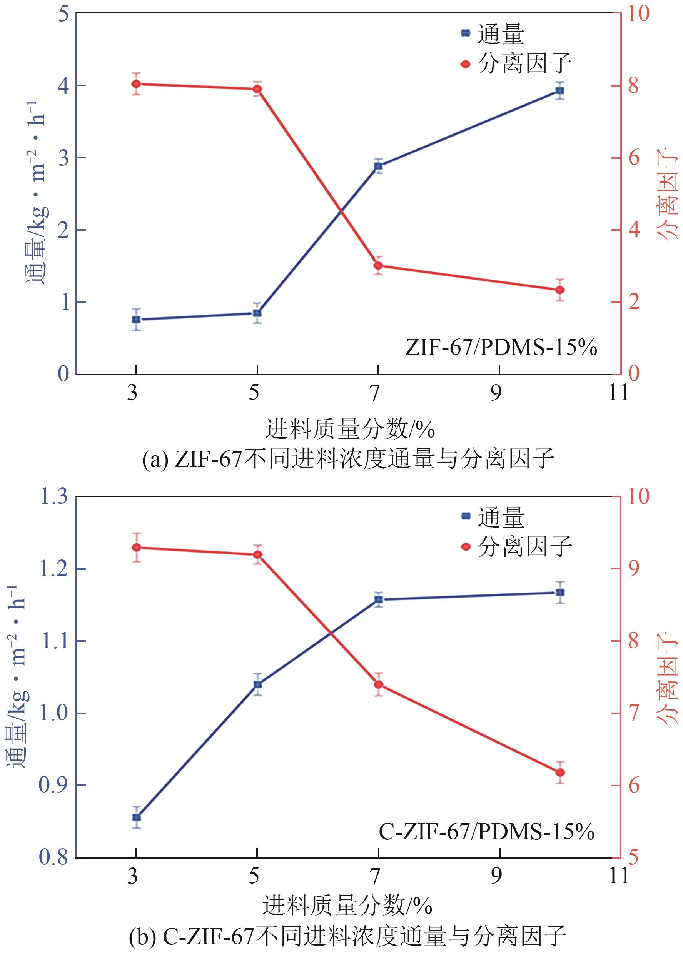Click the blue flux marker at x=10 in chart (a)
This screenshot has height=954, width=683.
(559, 90)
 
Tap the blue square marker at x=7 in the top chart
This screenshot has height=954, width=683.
(378, 166)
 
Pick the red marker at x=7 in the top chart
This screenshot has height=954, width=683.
(378, 266)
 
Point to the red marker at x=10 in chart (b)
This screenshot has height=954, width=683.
(560, 773)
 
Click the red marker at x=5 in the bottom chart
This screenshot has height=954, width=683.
(257, 554)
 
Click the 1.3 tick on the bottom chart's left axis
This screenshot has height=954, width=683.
(53, 496)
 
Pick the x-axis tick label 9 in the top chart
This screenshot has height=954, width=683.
(496, 393)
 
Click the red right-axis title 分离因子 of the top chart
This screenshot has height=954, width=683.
(668, 193)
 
